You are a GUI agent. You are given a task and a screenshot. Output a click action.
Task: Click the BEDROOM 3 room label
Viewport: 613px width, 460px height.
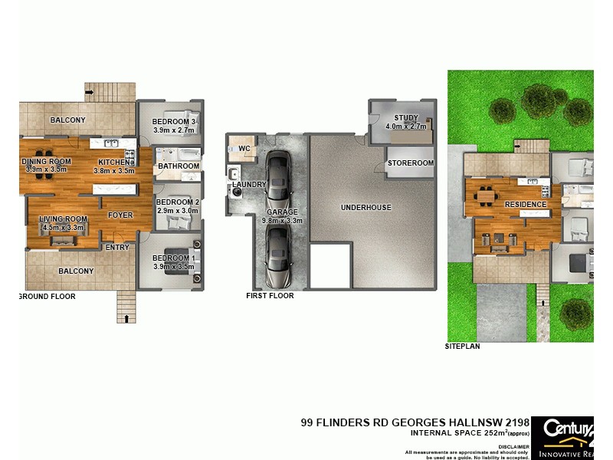[175, 122]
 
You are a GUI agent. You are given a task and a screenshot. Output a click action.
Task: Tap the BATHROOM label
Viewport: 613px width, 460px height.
[178, 166]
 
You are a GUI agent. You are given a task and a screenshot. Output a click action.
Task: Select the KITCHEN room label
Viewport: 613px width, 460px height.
[113, 162]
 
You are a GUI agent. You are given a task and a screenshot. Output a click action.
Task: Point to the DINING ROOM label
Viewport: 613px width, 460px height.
[47, 161]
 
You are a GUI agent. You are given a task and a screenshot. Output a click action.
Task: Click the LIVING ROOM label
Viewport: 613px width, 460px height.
[64, 219]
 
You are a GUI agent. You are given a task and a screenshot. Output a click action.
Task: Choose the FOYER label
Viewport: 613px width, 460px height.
[120, 215]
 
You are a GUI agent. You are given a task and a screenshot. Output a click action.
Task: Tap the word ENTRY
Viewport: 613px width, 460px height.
[117, 247]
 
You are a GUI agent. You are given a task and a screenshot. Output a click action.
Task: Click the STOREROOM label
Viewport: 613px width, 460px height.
[411, 163]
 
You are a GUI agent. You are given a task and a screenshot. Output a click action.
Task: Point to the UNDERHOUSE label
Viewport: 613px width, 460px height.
[366, 207]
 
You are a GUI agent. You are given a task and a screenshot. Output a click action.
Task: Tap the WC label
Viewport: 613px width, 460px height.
[244, 148]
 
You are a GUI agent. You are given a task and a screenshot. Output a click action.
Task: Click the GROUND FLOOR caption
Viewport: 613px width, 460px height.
[47, 296]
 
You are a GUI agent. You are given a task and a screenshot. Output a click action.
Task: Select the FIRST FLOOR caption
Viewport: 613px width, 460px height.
[270, 295]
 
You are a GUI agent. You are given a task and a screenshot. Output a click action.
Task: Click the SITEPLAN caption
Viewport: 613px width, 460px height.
[463, 347]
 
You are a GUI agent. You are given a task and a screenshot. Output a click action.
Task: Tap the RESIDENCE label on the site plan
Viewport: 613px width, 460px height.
[525, 205]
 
